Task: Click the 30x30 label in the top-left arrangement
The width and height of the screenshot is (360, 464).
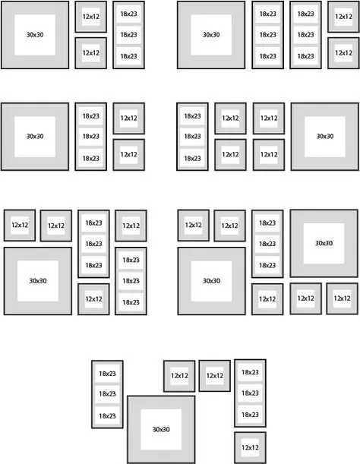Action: point(35,35)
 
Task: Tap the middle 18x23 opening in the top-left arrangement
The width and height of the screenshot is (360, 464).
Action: point(129,35)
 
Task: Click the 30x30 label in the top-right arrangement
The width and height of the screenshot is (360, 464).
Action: point(211,35)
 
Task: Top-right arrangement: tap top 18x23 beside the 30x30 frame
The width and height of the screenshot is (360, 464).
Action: point(267,14)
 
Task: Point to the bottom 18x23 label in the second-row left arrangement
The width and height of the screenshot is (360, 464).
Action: point(91,158)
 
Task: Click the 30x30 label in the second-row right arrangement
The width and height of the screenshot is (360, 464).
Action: point(325,136)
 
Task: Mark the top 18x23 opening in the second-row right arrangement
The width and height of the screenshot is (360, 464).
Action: point(192,115)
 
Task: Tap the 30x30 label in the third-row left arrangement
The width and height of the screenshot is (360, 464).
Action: point(38,280)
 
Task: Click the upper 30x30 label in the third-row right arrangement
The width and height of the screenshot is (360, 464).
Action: point(324,243)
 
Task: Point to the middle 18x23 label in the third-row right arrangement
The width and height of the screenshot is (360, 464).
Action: point(267,244)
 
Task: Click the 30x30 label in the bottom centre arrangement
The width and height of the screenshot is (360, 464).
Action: point(161,429)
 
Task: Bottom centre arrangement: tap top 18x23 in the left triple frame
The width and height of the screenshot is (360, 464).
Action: point(107,374)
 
